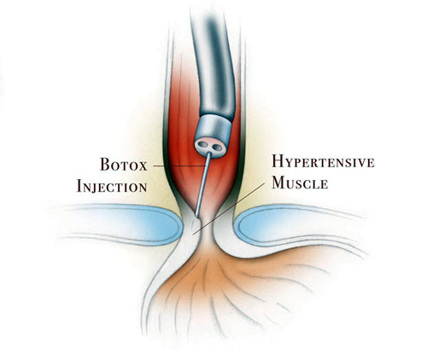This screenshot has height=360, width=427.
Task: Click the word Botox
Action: (x=124, y=165)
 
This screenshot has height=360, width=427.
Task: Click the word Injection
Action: (x=112, y=186)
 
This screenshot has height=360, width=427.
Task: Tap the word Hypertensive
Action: (x=323, y=161)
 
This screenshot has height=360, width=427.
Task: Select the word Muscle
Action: (x=300, y=183)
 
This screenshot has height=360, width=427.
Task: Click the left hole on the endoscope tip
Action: (x=203, y=144)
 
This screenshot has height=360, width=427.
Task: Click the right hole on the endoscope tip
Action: (x=217, y=148)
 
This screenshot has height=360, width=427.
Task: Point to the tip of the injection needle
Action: (x=196, y=215)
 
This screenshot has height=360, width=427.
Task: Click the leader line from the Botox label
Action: (x=179, y=165)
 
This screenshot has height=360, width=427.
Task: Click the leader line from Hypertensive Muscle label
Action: (x=229, y=209)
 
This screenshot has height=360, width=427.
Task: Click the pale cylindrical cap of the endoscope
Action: (x=214, y=128)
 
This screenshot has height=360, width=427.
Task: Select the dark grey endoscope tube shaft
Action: (x=215, y=66)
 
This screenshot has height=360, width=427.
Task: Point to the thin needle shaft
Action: (x=203, y=184)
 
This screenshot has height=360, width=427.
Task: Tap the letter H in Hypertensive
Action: (x=277, y=161)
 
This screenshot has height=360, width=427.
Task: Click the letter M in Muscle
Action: (x=278, y=183)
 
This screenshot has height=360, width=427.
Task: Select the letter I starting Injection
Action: (x=79, y=186)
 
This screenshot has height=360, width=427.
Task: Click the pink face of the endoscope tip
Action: (x=210, y=148)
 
